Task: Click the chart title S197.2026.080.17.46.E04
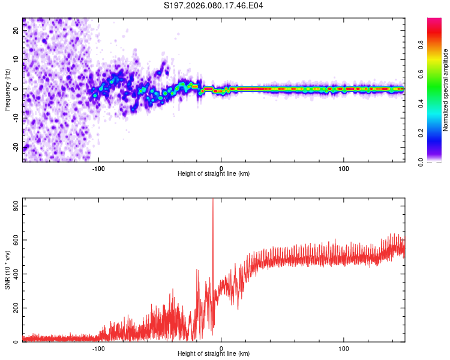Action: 214,5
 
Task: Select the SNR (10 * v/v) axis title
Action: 7,270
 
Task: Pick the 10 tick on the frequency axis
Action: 16,60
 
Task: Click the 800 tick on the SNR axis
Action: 14,206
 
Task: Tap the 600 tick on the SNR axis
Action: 14,240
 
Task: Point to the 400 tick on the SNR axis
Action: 14,274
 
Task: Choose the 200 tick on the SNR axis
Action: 14,308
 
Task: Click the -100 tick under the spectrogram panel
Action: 98,168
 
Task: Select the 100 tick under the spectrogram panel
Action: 344,168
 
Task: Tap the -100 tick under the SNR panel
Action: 98,348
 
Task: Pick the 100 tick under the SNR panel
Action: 344,348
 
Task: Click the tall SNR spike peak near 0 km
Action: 213,200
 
